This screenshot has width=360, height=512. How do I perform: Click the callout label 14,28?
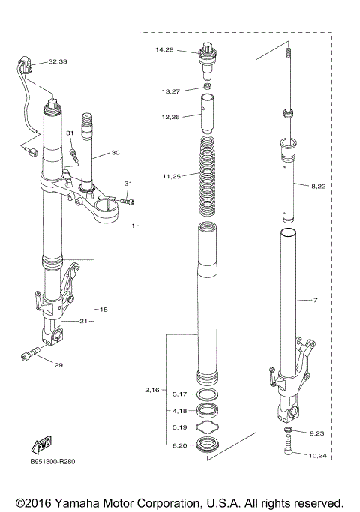click(x=164, y=50)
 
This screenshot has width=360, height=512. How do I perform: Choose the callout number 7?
click(x=316, y=300)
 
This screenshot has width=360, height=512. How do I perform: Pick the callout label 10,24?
click(x=317, y=454)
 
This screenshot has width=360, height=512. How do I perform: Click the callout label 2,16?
click(x=152, y=391)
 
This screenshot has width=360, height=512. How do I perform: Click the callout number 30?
click(x=115, y=153)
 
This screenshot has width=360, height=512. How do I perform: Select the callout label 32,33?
click(x=58, y=61)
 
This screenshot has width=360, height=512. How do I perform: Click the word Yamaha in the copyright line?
click(x=81, y=502)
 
